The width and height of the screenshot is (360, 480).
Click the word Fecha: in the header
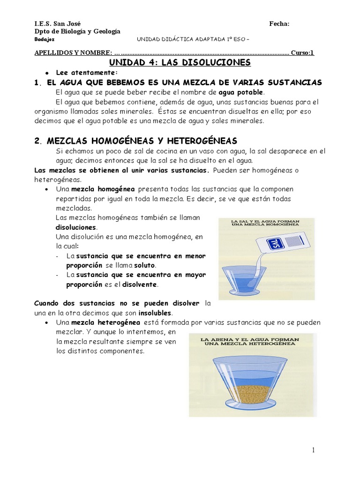tap(279, 23)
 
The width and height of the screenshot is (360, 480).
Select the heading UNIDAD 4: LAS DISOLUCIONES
tap(180, 62)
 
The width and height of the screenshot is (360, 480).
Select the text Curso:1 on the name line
tap(302, 52)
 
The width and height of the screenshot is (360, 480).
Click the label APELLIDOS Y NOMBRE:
tap(74, 52)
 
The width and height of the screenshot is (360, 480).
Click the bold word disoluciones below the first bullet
tap(76, 227)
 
